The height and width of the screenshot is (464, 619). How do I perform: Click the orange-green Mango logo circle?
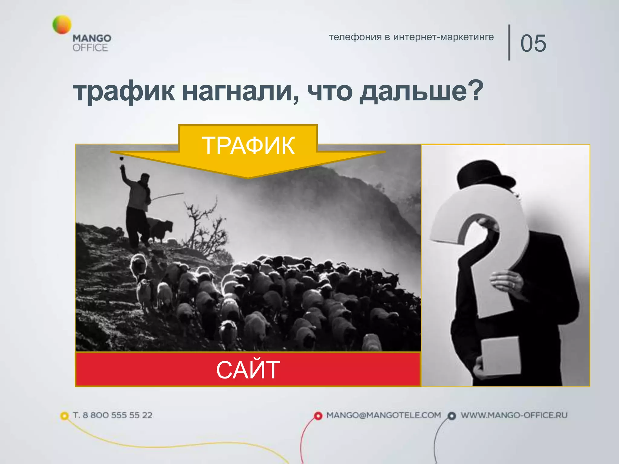click(x=62, y=24)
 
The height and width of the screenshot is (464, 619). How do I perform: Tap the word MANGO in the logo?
click(x=92, y=38)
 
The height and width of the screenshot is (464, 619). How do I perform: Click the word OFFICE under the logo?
click(x=90, y=48)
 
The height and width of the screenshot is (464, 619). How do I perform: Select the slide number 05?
click(x=533, y=43)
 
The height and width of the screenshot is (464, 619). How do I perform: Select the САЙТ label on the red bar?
click(x=248, y=369)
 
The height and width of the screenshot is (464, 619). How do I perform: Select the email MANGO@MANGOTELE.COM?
click(x=384, y=415)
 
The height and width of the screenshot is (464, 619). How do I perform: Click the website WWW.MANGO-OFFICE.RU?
click(x=514, y=415)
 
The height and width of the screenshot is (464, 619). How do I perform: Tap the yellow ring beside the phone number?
click(x=64, y=416)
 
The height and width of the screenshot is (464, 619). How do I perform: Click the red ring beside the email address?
click(x=318, y=416)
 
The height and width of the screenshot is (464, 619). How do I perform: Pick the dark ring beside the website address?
click(x=452, y=416)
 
